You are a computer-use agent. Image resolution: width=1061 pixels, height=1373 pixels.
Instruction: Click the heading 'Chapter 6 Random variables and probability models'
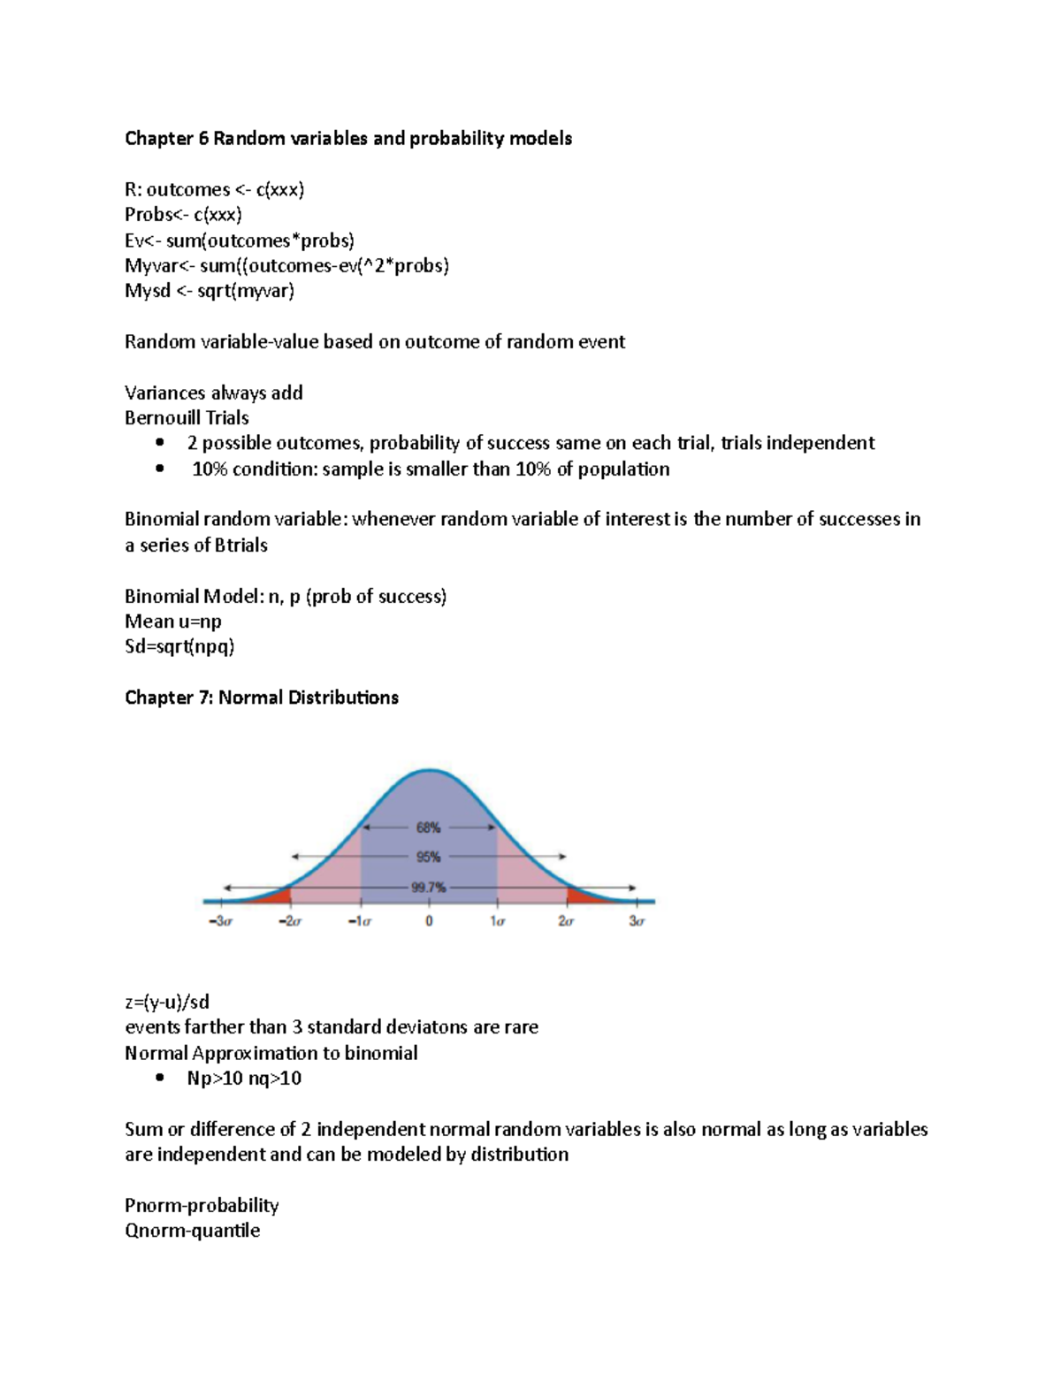pos(347,139)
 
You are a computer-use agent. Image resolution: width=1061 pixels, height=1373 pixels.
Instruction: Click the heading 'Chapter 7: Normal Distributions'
pos(261,698)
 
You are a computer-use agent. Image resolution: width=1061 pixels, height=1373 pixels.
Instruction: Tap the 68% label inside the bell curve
pos(428,828)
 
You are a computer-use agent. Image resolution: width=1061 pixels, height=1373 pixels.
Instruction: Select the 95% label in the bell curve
pos(428,857)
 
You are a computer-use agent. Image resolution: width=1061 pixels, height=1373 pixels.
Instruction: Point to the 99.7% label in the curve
pos(428,888)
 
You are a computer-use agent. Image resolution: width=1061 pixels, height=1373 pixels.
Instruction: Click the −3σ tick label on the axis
pos(221,921)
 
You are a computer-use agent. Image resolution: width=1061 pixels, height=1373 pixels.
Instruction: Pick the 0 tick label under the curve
pos(429,921)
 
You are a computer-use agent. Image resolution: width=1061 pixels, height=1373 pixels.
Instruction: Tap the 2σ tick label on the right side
pos(566,921)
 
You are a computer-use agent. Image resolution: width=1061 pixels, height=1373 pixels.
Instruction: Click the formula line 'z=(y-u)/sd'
pos(167,1003)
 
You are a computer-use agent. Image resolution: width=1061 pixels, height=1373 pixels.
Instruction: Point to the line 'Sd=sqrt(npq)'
pos(179,647)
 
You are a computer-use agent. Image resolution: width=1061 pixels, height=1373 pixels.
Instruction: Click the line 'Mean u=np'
pos(172,622)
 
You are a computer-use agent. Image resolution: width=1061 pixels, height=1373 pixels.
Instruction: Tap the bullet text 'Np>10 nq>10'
pos(244,1079)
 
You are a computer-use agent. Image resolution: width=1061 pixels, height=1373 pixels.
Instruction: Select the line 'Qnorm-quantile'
pos(192,1231)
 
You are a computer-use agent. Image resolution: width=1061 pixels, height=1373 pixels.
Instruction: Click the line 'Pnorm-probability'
pos(202,1206)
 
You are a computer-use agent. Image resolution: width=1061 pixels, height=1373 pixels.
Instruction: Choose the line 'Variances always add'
pos(213,393)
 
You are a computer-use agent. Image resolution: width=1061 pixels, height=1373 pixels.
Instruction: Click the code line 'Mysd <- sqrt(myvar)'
pos(209,291)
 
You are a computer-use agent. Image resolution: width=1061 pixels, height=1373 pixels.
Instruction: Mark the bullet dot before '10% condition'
pos(159,469)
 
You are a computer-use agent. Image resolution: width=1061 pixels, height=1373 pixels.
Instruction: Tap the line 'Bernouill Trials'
pos(187,418)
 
